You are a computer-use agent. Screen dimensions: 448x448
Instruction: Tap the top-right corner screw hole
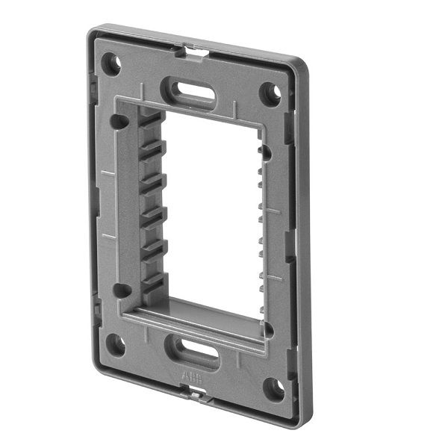[272, 93]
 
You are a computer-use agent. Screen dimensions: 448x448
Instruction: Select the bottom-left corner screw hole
[116, 344]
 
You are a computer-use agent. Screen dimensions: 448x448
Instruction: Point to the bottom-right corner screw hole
[274, 388]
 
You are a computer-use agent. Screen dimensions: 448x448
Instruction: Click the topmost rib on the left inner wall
[149, 120]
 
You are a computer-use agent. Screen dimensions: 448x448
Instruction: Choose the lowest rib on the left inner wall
[152, 280]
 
